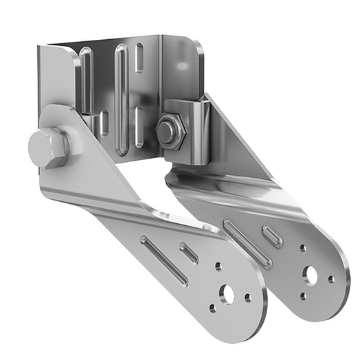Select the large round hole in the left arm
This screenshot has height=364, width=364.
[x=226, y=295]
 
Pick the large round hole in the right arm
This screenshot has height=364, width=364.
[x=311, y=275]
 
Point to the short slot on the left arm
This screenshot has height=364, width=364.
[x=189, y=253]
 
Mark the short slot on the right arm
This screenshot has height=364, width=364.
[x=272, y=236]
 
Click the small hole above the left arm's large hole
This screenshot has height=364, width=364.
[x=218, y=266]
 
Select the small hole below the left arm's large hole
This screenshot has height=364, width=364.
[x=212, y=308]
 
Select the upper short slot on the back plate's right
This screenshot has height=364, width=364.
[x=139, y=58]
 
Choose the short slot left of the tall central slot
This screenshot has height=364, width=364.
[x=104, y=124]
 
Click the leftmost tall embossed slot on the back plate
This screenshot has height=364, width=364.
[x=86, y=79]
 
